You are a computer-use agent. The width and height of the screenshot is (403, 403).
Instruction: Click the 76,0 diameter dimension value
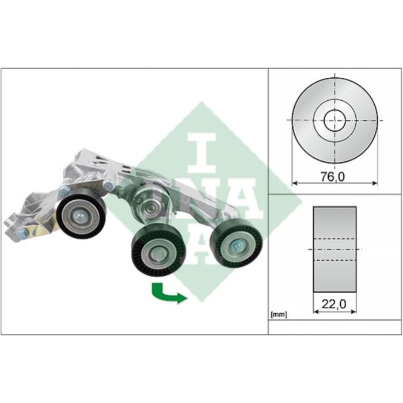click(333, 177)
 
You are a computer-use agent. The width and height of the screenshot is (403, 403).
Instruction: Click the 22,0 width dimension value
click(334, 305)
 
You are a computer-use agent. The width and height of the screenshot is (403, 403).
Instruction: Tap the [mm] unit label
click(279, 314)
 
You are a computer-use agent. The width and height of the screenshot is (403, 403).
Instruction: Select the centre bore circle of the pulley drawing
click(334, 120)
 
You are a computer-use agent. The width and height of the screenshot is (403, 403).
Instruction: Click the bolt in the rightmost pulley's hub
click(236, 246)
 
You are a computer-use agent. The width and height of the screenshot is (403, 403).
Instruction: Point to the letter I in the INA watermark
click(201, 153)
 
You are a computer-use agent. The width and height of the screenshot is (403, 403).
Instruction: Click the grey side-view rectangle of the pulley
click(334, 249)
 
